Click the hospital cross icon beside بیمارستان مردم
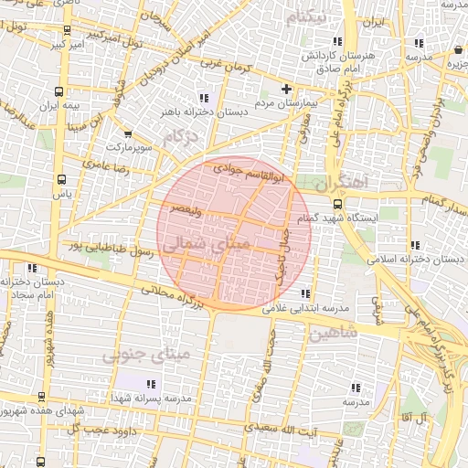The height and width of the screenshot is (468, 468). [x=287, y=89]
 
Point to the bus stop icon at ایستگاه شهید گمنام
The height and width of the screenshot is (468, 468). [x=337, y=204]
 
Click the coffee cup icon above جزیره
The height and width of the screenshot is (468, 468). [x=455, y=50]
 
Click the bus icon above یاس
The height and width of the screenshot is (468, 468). [x=61, y=179]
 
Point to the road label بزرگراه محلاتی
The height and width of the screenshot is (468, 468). [x=174, y=298]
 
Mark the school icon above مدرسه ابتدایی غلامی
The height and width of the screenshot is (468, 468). [x=304, y=293]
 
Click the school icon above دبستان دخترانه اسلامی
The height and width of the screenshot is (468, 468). [x=416, y=245]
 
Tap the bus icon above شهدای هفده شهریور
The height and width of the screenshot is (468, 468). [x=41, y=397]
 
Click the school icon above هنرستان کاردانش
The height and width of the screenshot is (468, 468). [x=338, y=41]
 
